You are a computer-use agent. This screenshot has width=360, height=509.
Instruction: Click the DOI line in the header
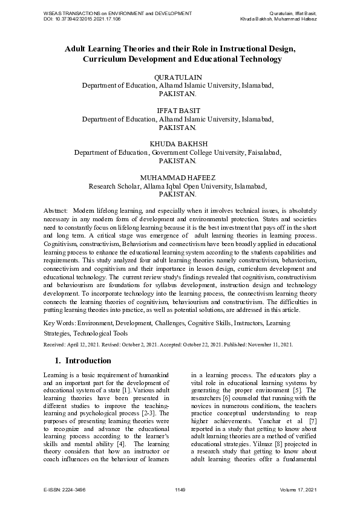coord(82,19)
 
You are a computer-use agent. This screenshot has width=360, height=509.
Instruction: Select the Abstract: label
coord(56,209)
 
